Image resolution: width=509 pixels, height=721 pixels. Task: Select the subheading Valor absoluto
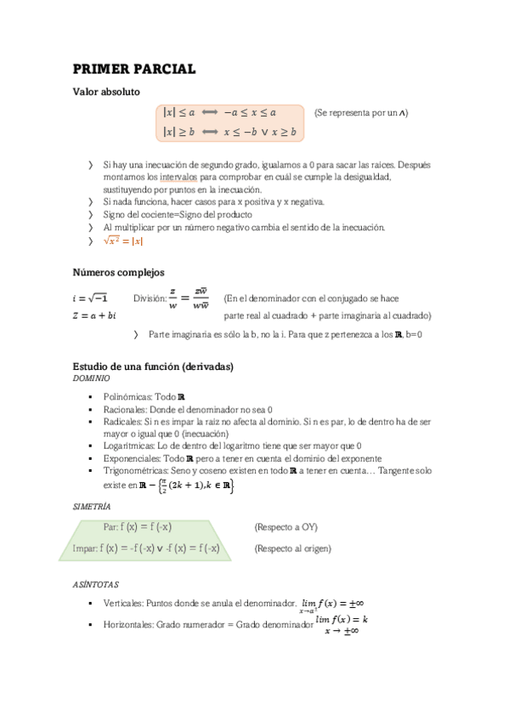click(x=106, y=92)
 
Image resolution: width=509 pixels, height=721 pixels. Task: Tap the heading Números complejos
click(x=118, y=272)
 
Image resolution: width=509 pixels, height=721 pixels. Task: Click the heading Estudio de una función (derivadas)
click(x=153, y=366)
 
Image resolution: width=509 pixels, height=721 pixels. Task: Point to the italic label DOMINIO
click(x=91, y=378)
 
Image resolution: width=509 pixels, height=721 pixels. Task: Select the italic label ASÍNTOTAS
click(x=95, y=585)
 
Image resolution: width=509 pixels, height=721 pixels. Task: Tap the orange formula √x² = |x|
click(x=123, y=241)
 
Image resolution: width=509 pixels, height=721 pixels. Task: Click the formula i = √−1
click(x=90, y=298)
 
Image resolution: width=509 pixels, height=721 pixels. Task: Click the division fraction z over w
click(x=173, y=298)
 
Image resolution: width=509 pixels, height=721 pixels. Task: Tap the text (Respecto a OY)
click(x=286, y=527)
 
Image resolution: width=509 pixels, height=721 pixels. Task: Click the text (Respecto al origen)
click(x=292, y=548)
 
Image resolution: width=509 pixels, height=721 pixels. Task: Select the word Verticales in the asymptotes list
click(x=122, y=603)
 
